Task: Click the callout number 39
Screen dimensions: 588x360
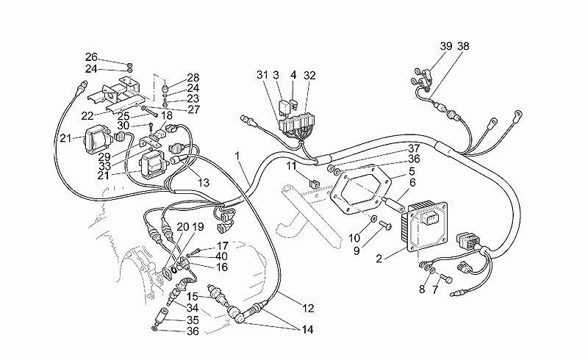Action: click(446, 46)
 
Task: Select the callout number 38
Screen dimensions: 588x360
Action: click(463, 46)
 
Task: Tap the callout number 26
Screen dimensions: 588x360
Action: click(91, 57)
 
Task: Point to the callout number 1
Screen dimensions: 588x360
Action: click(237, 155)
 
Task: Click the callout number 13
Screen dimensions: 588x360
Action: click(204, 183)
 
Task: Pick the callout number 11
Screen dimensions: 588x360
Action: click(291, 165)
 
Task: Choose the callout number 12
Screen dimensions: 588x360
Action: click(308, 309)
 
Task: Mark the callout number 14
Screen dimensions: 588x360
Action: click(307, 330)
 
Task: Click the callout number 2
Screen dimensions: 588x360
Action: click(379, 259)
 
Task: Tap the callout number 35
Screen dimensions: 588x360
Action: click(193, 320)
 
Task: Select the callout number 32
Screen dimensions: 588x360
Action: click(309, 76)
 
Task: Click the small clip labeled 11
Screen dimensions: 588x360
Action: click(315, 184)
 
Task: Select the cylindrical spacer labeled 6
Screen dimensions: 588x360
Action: click(392, 204)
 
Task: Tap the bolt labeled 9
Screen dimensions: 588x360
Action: click(385, 226)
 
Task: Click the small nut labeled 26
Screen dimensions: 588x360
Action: click(129, 64)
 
